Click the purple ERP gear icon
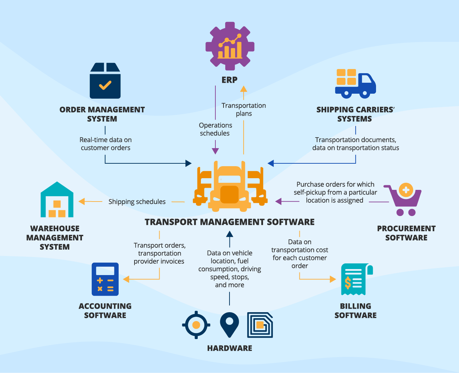(230, 46)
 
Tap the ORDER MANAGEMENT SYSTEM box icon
(105, 81)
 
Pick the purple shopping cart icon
(403, 200)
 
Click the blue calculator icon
(105, 279)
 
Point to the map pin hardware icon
(229, 325)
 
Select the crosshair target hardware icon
(196, 325)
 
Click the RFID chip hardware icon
(260, 325)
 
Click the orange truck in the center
(230, 187)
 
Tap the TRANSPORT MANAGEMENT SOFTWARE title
(229, 222)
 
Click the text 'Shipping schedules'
(137, 202)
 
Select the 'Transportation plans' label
(244, 110)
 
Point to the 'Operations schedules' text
(215, 129)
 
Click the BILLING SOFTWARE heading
(355, 311)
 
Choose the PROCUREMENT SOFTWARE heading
(406, 233)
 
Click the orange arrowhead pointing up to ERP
(244, 88)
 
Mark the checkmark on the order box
(105, 85)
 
